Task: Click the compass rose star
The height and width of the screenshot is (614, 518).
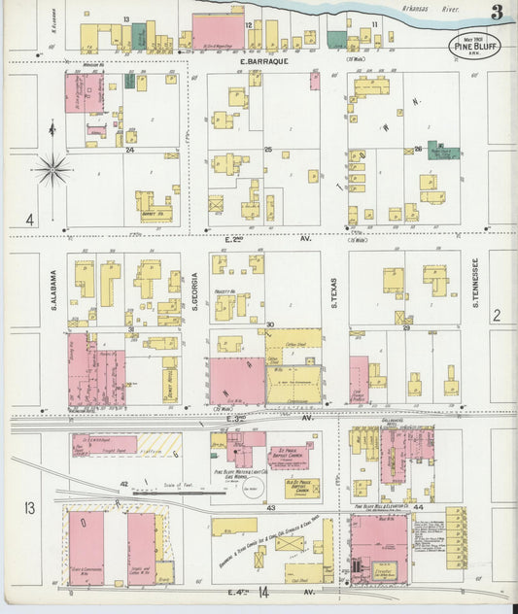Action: tap(53, 170)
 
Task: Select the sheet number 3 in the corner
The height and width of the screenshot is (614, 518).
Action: tap(497, 13)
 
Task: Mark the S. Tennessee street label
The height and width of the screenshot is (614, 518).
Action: tap(476, 283)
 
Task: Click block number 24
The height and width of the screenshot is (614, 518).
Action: tap(128, 150)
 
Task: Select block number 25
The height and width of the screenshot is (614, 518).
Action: tap(267, 150)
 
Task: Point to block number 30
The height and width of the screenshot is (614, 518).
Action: tap(270, 324)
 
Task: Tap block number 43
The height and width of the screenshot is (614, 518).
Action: tap(270, 507)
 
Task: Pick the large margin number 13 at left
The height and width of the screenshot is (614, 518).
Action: tap(30, 507)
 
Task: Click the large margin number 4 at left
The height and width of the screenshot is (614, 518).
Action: tap(30, 221)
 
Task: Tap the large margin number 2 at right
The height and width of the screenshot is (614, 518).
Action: tap(496, 314)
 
